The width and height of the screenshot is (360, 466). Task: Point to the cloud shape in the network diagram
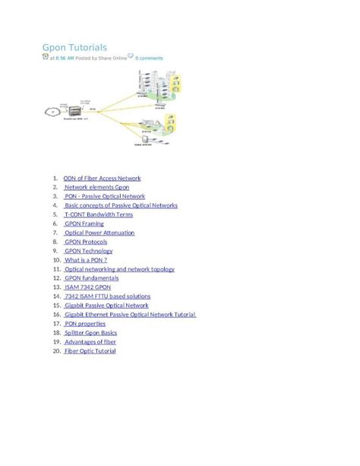click(52, 111)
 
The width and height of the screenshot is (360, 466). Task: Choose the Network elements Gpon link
click(96, 188)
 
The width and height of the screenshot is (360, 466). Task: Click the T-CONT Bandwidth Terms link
click(99, 215)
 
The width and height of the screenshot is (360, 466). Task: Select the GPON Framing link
click(84, 224)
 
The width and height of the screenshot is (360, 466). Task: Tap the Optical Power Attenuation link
click(99, 233)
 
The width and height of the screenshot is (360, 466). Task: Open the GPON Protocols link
click(86, 243)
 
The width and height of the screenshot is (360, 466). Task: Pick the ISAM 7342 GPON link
click(87, 287)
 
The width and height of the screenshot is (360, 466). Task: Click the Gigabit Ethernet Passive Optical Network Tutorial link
click(130, 315)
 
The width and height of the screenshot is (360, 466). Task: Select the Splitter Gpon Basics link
click(90, 333)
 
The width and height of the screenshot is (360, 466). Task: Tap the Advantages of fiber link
click(90, 342)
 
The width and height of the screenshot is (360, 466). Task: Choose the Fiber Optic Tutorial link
click(90, 351)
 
